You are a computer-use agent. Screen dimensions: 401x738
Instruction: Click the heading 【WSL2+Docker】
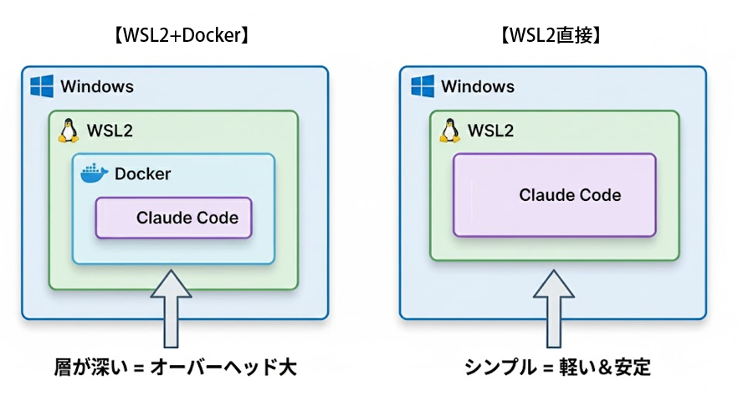175,36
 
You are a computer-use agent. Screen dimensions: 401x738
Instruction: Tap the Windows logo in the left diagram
42,86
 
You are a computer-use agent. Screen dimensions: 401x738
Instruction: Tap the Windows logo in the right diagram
423,86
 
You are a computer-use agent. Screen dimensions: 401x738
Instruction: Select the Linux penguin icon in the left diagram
68,130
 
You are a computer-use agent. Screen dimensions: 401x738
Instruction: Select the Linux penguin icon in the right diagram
449,130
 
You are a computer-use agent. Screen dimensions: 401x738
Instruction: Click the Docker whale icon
95,173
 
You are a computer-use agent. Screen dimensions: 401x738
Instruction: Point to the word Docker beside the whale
142,174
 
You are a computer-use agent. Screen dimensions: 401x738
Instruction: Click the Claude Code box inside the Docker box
173,218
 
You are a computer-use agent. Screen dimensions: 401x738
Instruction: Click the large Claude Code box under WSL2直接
554,195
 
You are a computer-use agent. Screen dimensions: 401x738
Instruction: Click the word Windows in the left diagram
97,87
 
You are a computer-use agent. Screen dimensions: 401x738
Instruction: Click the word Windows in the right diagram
478,87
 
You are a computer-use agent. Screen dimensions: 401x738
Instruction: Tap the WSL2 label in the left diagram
110,131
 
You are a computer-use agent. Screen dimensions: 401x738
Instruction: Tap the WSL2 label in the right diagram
490,131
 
